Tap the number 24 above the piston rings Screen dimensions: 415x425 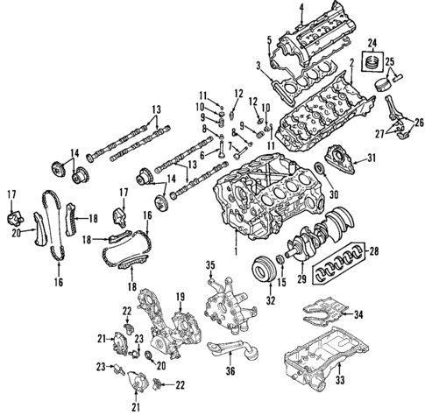coord(372,43)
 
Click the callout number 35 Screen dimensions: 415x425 coord(209,264)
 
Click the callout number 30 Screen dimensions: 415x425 coord(332,193)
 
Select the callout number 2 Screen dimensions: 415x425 coord(351,63)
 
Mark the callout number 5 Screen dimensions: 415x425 coord(269,39)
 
